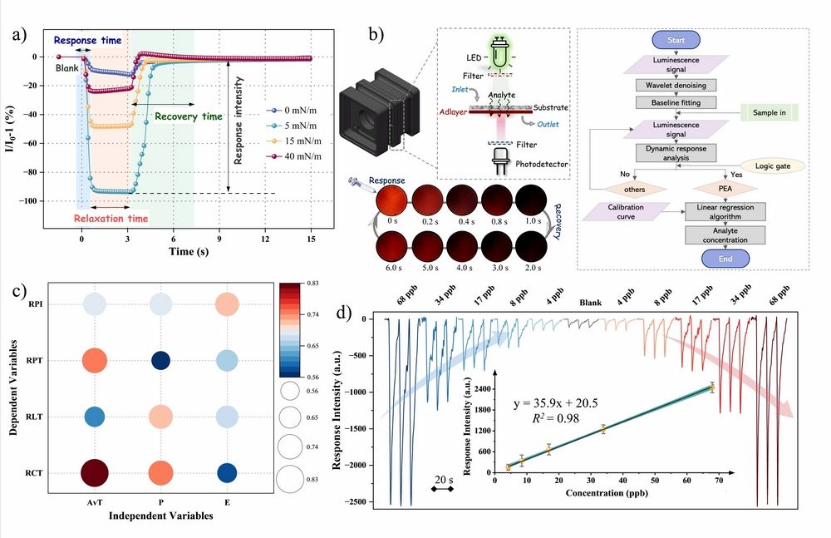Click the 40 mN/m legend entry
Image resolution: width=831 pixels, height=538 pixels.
click(x=293, y=156)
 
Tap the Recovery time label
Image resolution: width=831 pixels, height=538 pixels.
click(x=188, y=116)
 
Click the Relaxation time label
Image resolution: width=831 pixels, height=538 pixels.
click(x=111, y=219)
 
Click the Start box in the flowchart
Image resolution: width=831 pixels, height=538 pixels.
click(x=676, y=40)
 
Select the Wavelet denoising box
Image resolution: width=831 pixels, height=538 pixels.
click(x=676, y=85)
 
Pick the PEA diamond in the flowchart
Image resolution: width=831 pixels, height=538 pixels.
click(x=725, y=189)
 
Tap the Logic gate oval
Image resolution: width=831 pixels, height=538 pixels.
click(x=772, y=166)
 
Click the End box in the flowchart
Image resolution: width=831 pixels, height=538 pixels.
click(x=725, y=259)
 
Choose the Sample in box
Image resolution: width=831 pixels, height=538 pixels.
click(x=769, y=112)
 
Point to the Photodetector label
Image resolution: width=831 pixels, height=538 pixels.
click(x=541, y=165)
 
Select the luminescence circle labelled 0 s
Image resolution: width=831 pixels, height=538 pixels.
click(x=392, y=200)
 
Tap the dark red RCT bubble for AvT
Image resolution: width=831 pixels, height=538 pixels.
click(x=95, y=473)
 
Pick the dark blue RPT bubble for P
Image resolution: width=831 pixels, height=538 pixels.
click(x=160, y=361)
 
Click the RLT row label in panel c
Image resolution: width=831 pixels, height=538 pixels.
click(x=34, y=417)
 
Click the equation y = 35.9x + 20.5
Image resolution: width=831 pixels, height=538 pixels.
click(x=555, y=403)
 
